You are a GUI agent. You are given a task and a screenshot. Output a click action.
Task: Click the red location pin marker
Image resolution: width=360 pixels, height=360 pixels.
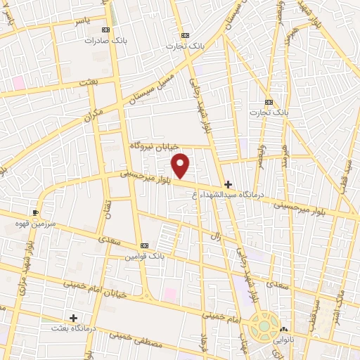pos(181,165)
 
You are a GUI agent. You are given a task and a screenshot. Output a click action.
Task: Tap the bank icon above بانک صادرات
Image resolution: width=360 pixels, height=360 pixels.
pos(106,30)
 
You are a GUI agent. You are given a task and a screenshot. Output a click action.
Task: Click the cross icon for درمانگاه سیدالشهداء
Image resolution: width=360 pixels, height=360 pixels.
pos(228,184)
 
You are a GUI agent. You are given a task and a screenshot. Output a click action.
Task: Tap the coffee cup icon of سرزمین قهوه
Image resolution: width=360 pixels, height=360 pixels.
pos(36,211)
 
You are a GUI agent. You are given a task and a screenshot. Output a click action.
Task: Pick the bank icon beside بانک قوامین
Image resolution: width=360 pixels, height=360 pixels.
pos(144,245)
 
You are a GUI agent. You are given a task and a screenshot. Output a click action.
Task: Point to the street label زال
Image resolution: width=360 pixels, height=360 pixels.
pos(216,237)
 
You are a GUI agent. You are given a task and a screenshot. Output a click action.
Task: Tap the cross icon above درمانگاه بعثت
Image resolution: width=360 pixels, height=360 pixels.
pos(73,318)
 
